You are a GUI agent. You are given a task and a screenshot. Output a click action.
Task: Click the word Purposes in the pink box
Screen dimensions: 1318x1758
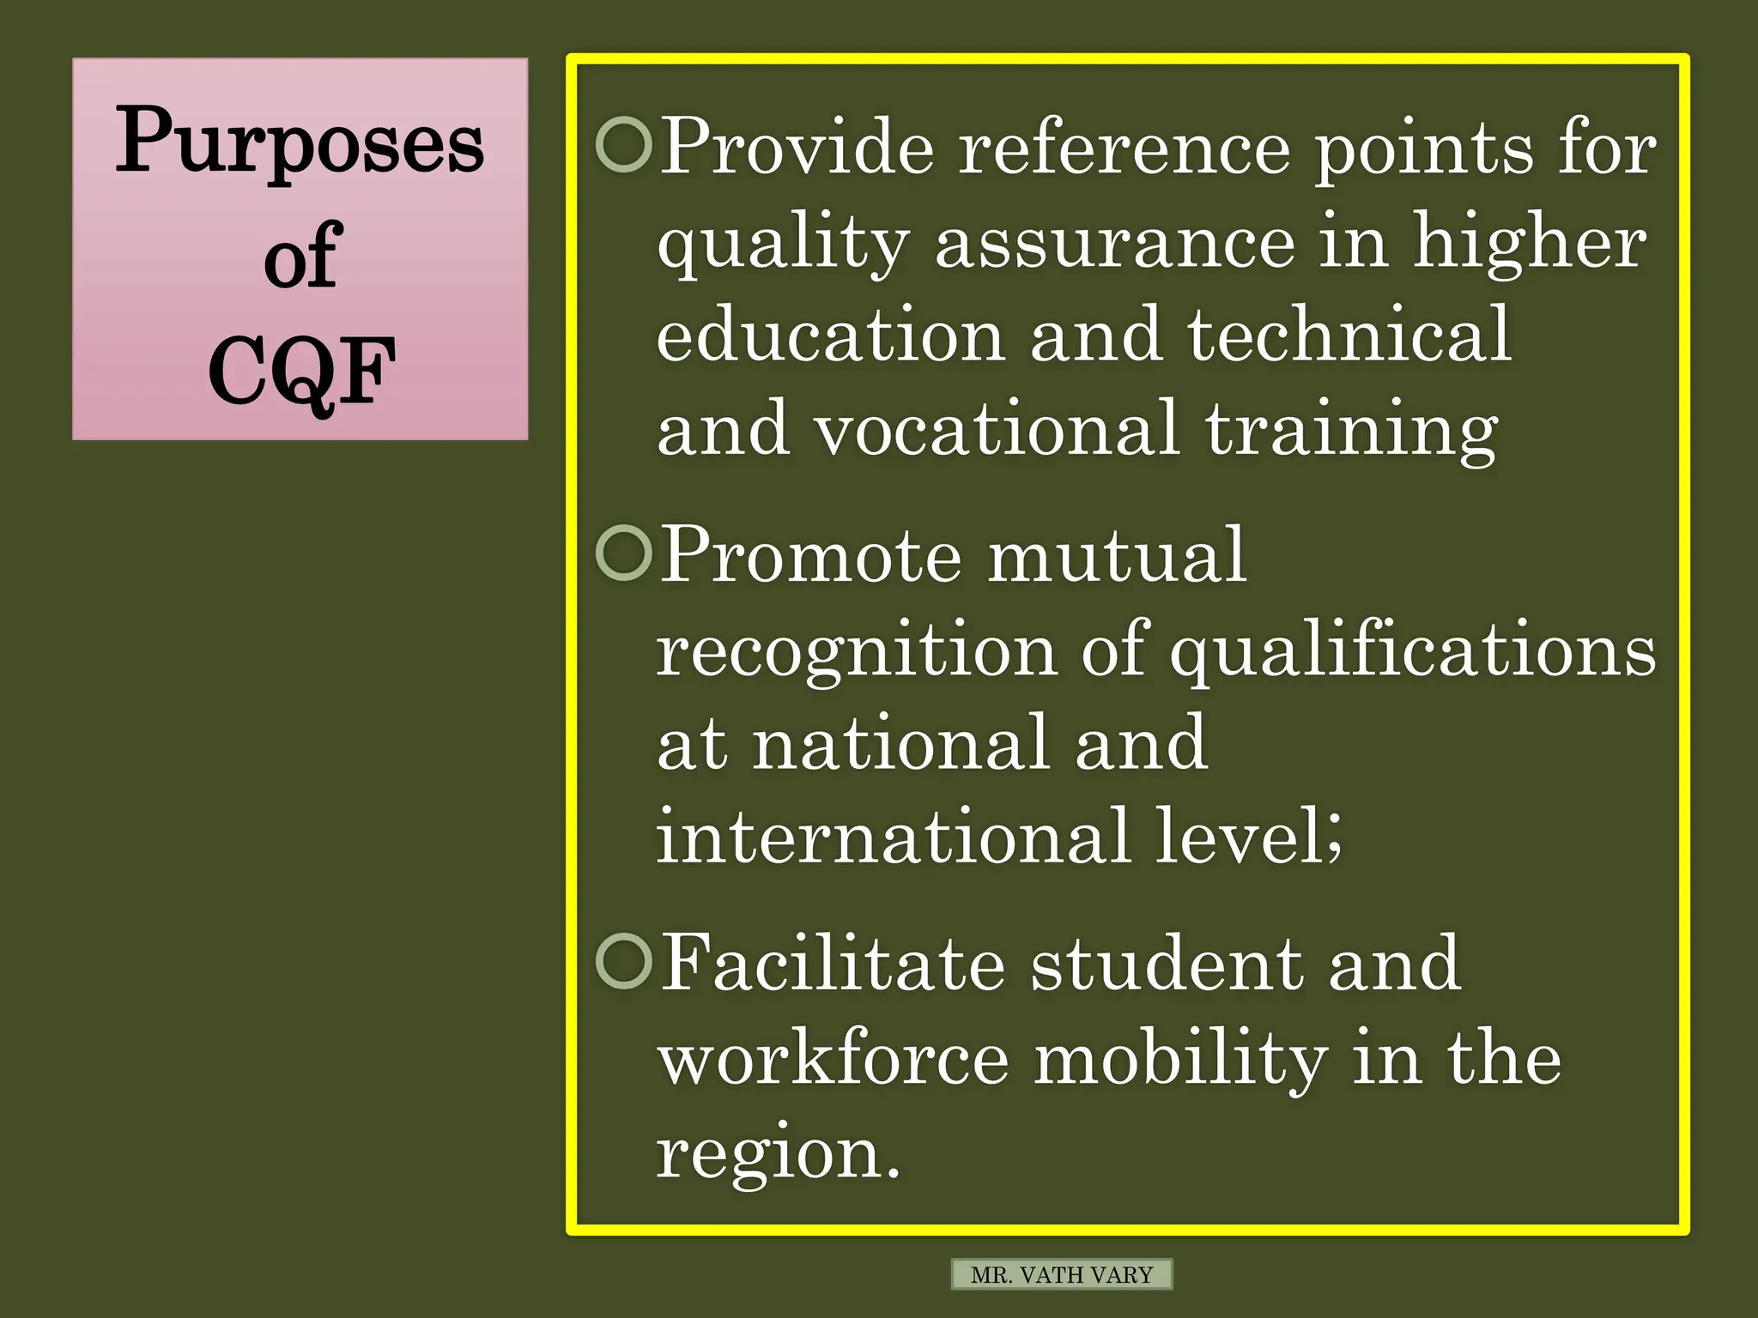click(300, 142)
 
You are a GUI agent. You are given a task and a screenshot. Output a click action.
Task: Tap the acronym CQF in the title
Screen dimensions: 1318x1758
click(301, 372)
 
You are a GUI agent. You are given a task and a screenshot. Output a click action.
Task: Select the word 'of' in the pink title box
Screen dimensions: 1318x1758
click(302, 255)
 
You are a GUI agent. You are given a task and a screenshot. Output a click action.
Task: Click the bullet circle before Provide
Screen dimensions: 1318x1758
click(624, 145)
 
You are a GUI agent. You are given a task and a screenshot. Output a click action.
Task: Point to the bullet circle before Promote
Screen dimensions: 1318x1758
click(624, 553)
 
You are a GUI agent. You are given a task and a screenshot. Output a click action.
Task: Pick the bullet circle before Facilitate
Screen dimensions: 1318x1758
click(624, 962)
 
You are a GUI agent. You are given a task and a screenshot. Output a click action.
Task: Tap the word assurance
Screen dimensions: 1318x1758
click(1114, 242)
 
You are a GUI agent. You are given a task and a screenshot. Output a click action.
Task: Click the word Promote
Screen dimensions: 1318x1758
click(811, 556)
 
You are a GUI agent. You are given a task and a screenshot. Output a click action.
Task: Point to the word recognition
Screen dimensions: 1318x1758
click(856, 650)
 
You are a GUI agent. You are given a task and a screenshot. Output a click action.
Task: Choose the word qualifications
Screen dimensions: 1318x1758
click(1413, 650)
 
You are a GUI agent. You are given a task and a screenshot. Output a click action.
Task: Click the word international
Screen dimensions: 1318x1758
click(893, 836)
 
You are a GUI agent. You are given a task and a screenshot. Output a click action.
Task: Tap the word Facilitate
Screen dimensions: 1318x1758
click(833, 964)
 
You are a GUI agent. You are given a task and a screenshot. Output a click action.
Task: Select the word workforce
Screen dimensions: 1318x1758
click(833, 1059)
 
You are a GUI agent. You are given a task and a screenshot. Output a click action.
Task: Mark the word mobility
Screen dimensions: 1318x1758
click(1181, 1059)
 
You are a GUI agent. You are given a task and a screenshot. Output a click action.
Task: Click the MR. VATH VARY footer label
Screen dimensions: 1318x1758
click(1062, 1275)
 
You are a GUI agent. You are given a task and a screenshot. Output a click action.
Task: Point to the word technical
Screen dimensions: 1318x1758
click(1349, 335)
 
